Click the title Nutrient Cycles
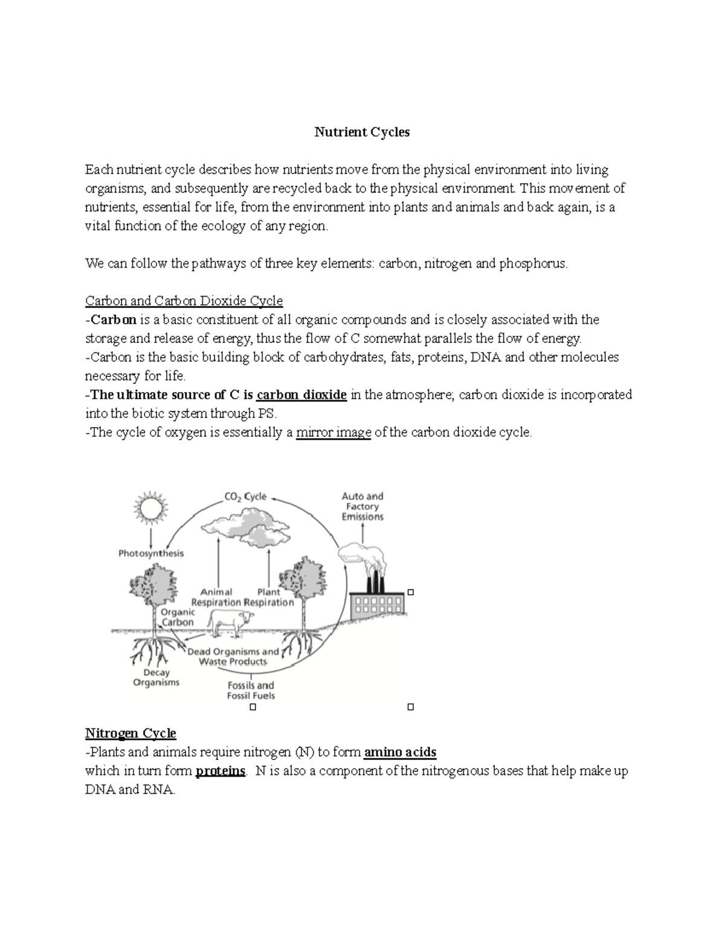point(362,132)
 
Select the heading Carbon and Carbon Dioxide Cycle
point(184,301)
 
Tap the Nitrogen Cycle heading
point(130,733)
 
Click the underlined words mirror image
point(333,432)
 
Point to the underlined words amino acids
point(400,753)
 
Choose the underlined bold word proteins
point(221,771)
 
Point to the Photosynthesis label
point(151,553)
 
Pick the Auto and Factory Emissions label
point(362,507)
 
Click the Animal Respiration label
point(216,597)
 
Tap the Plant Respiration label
point(269,597)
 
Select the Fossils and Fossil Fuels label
point(251,690)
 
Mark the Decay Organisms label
point(156,678)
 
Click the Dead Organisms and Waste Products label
point(233,657)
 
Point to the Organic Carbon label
point(178,617)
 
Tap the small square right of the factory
point(411,592)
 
